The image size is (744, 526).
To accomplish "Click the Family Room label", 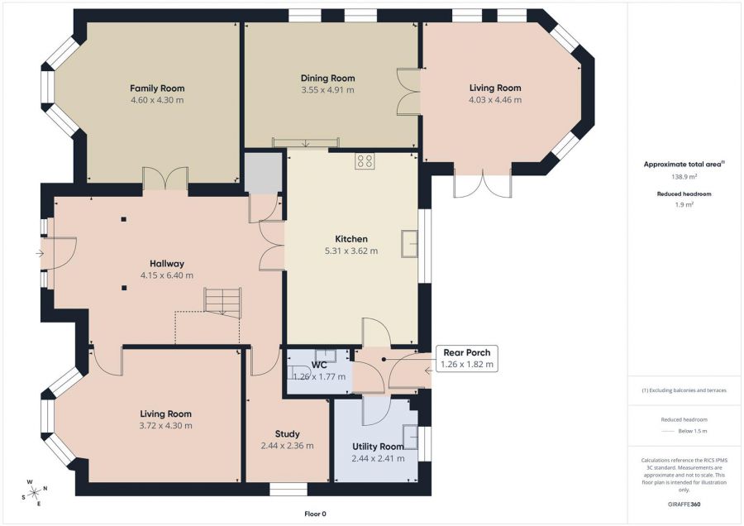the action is point(157,88).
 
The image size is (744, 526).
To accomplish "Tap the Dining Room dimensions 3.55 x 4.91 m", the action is point(327,89).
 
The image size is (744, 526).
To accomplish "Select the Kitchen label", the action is point(351,239).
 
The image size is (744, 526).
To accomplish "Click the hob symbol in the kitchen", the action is point(365,160).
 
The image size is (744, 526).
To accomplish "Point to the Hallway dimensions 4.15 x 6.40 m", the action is point(166,275).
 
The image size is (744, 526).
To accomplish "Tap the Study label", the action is point(287,434).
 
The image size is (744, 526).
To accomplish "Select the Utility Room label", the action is point(378,447).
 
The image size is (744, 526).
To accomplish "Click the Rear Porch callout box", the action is point(467,358).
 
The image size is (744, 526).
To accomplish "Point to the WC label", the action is point(319,365).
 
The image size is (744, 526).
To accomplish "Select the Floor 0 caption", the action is point(315,514).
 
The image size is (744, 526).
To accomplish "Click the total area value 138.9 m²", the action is point(684,176).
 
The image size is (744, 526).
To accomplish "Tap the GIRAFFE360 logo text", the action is point(684,504).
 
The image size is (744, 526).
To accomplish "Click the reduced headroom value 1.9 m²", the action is point(684,204).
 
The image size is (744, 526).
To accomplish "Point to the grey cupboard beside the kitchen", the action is point(263,173).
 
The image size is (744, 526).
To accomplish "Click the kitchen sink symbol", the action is point(409,243).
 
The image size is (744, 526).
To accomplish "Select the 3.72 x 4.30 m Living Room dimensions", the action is point(165,426).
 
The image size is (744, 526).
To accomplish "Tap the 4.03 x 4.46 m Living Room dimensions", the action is point(495,100).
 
